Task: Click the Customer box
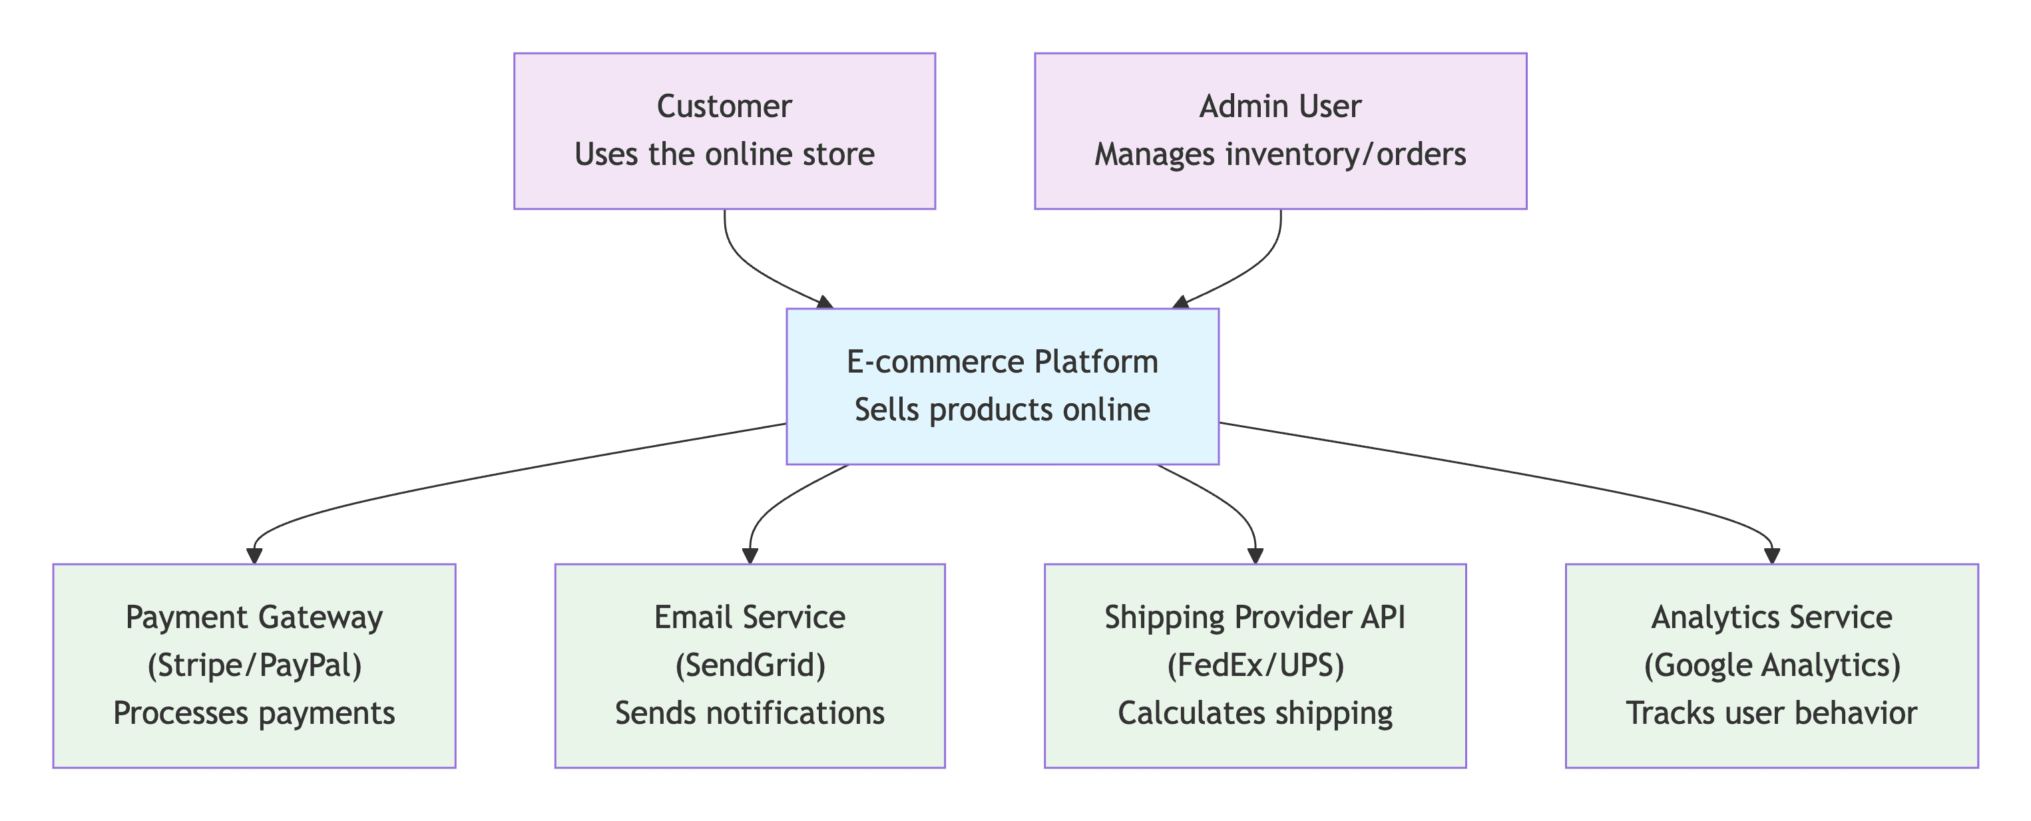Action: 724,131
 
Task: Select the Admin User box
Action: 1280,131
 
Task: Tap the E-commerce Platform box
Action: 1002,386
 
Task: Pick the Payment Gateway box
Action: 254,666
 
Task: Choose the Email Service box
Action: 750,666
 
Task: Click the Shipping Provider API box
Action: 1255,666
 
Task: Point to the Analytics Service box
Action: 1771,666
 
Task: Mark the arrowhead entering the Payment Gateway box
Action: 254,556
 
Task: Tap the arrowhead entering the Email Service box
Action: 750,556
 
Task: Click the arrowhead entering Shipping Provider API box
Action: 1255,556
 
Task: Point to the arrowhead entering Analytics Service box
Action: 1771,556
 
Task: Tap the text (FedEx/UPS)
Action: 1255,666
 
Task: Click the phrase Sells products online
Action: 1002,410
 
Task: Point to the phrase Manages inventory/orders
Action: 1280,155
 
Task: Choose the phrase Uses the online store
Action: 724,154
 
